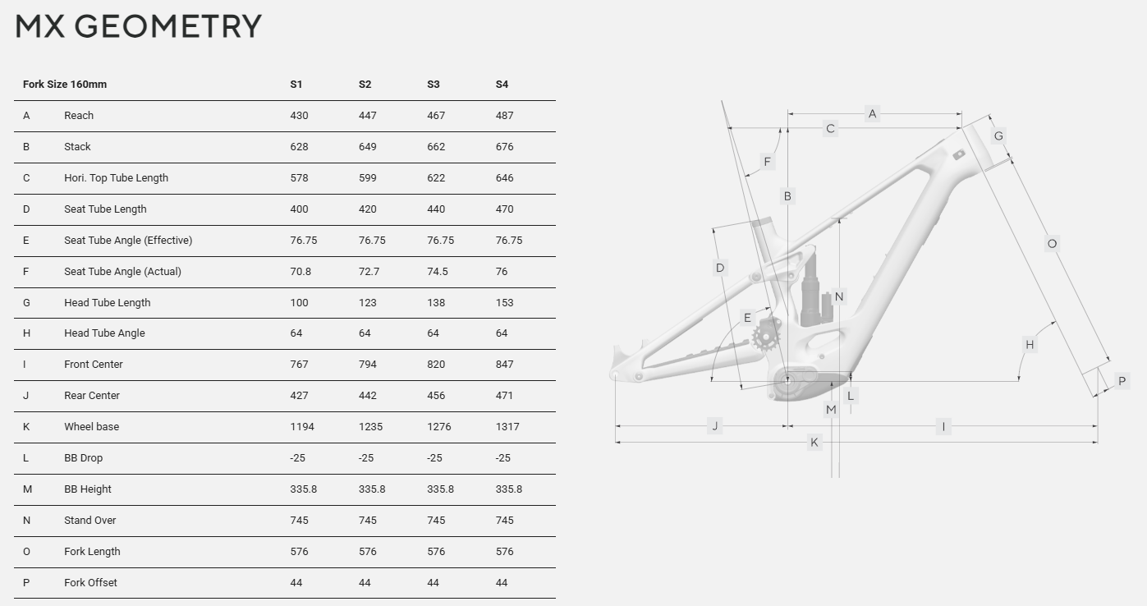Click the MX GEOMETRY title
138,26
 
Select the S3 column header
434,85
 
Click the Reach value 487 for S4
504,116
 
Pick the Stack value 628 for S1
299,147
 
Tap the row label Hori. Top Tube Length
116,178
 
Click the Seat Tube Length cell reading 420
367,209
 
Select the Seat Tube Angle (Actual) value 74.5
438,272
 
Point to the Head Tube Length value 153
504,303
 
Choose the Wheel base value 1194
302,427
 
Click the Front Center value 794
367,365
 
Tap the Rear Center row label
92,396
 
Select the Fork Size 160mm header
65,85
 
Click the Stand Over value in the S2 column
367,521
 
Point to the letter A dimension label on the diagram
872,113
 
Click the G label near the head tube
998,136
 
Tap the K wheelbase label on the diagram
814,442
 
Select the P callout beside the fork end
1122,381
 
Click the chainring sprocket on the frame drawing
765,337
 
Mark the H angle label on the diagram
1030,345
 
